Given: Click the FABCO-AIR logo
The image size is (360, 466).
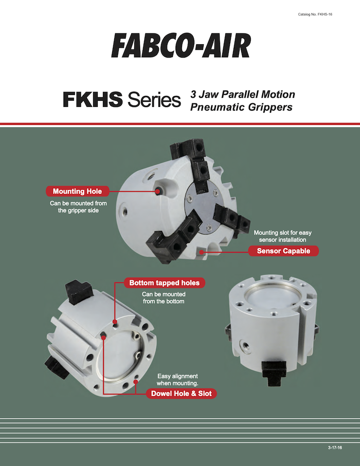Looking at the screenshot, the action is pyautogui.click(x=181, y=46).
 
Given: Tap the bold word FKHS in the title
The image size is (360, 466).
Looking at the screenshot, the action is pyautogui.click(x=93, y=99).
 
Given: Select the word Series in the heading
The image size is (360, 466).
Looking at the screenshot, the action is pyautogui.click(x=154, y=100).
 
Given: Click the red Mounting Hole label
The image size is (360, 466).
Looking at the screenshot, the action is pyautogui.click(x=77, y=191).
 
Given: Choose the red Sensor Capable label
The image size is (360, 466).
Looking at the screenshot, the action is pyautogui.click(x=283, y=251).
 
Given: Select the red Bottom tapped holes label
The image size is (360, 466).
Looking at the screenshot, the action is pyautogui.click(x=165, y=282).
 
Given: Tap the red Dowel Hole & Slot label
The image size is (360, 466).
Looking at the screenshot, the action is pyautogui.click(x=182, y=393).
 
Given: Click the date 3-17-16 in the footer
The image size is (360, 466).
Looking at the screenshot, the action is pyautogui.click(x=335, y=447).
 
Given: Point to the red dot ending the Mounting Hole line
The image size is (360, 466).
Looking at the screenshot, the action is pyautogui.click(x=158, y=191).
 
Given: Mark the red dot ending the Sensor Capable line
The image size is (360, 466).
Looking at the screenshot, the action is pyautogui.click(x=202, y=253).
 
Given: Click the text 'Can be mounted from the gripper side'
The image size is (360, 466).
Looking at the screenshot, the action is pyautogui.click(x=78, y=207).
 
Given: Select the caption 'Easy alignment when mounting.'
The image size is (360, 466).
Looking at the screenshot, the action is pyautogui.click(x=177, y=380).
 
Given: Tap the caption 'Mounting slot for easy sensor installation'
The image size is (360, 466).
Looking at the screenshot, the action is pyautogui.click(x=282, y=236).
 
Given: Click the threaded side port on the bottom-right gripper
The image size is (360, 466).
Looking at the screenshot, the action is pyautogui.click(x=246, y=345).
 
